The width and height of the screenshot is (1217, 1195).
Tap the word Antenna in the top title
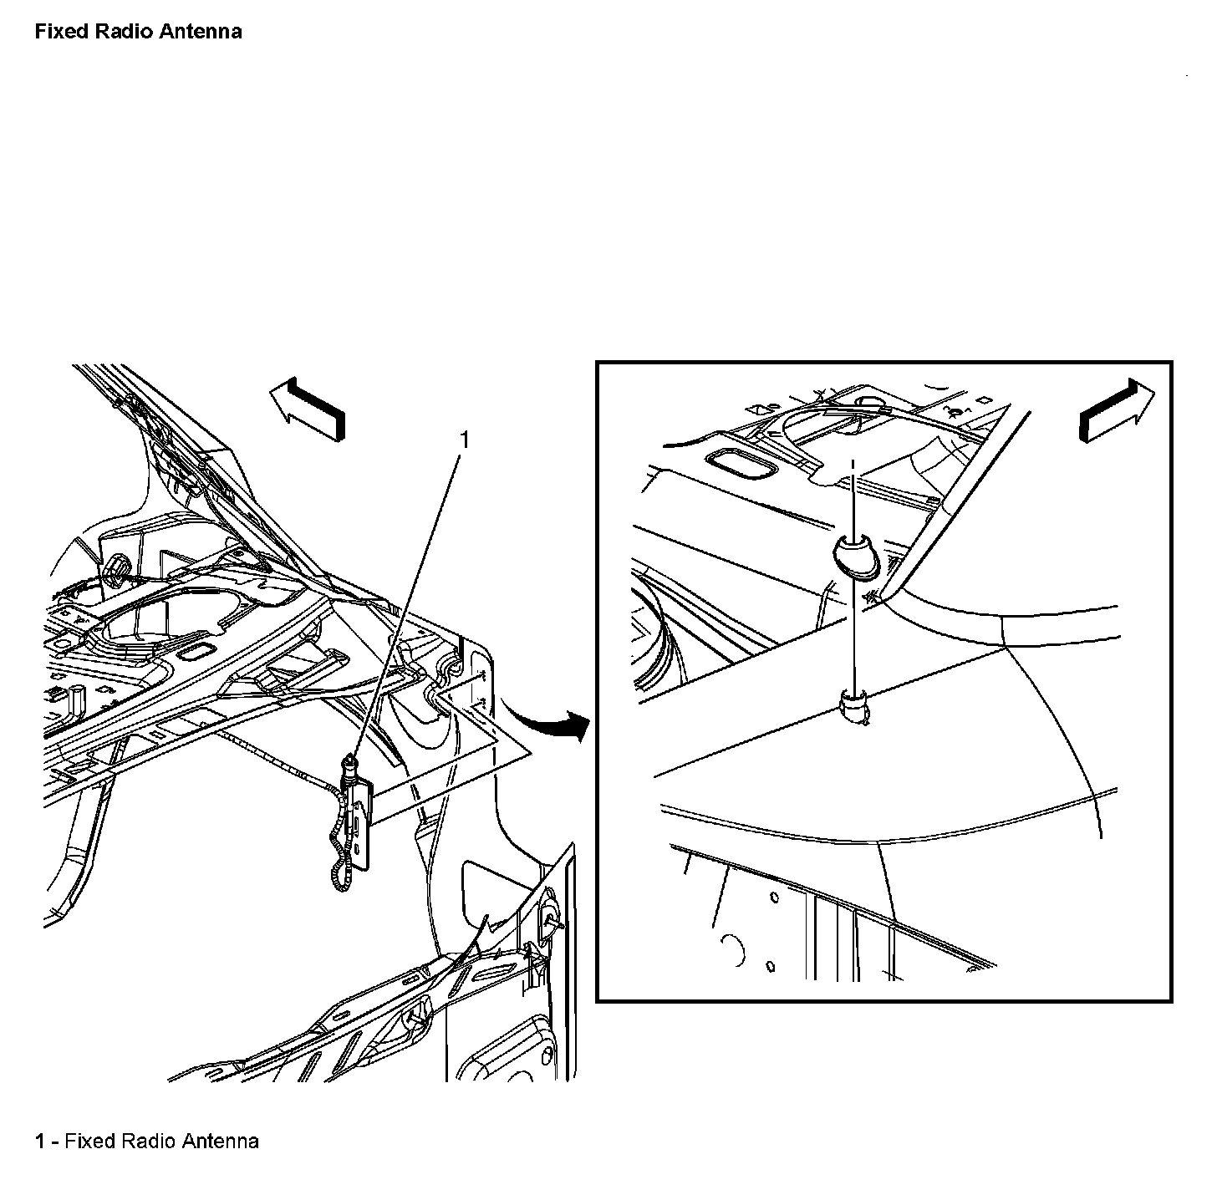click(x=201, y=31)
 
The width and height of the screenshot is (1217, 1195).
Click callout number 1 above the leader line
click(x=464, y=440)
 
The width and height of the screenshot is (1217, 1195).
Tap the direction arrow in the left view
click(x=308, y=409)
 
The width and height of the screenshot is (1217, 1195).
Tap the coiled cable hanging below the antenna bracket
click(x=341, y=850)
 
